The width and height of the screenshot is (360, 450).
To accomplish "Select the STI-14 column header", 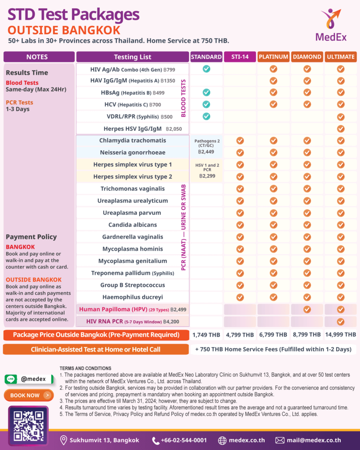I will (240, 57).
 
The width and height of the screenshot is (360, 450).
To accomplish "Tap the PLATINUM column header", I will (273, 57).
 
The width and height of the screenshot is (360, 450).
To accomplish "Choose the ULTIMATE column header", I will (340, 57).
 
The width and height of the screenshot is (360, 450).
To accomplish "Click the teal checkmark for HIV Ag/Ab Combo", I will (206, 69).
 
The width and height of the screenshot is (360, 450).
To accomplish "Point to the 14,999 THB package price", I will (340, 335).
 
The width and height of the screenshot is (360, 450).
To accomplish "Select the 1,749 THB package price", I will (206, 335).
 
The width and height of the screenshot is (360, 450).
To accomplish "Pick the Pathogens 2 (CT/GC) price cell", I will (206, 146).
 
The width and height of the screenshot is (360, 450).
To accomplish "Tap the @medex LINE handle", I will (33, 379).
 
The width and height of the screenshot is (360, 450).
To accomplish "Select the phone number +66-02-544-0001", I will (180, 440).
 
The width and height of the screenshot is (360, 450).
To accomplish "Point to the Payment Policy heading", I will (31, 236).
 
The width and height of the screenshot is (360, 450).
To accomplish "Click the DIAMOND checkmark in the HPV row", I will (307, 309).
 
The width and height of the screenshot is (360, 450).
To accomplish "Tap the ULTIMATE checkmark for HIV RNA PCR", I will (340, 321).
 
